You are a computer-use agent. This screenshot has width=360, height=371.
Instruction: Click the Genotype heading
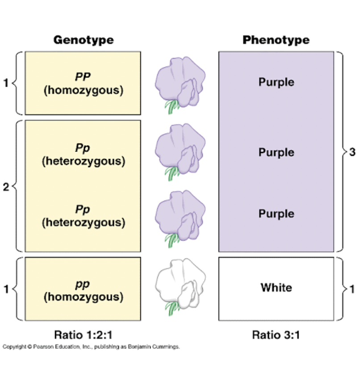(84, 40)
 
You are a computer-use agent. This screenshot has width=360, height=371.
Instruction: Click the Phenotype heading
(276, 40)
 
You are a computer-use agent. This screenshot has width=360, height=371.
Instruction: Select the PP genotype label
(83, 77)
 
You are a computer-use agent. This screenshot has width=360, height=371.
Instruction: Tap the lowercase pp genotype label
(83, 285)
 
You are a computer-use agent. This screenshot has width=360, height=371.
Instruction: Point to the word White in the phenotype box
(276, 288)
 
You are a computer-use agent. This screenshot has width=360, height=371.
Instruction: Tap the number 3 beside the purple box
(352, 152)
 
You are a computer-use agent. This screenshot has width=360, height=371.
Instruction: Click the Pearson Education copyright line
(91, 347)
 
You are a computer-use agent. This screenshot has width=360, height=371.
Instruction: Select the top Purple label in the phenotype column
(276, 82)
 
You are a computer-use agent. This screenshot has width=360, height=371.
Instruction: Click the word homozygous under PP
(83, 90)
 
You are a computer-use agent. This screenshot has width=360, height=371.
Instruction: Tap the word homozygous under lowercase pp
(83, 297)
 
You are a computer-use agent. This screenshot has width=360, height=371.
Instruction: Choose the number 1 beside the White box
(352, 289)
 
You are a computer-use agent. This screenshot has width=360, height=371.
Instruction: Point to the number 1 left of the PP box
(6, 83)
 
